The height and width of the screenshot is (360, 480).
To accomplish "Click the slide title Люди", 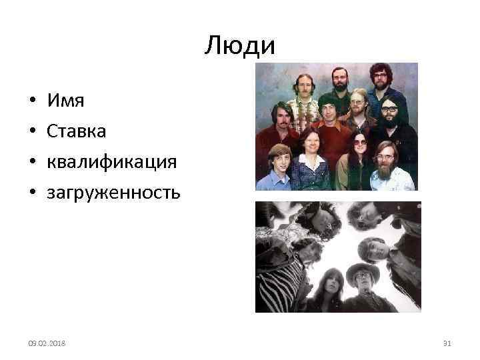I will [x=240, y=46].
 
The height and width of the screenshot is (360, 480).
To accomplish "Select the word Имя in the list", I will [x=65, y=101].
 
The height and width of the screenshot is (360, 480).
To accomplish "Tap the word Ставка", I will [x=77, y=131].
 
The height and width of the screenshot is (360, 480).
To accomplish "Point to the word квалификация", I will [x=111, y=162].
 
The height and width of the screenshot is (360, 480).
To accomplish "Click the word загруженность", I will [x=113, y=193].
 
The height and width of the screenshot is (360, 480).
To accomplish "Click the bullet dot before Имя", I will [x=32, y=102].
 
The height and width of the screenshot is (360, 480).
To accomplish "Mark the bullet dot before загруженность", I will [x=32, y=193].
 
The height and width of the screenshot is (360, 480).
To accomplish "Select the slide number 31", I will [x=447, y=342].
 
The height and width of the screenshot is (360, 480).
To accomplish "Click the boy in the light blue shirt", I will [x=277, y=167].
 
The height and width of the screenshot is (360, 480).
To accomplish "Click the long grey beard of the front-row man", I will [x=386, y=173].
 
